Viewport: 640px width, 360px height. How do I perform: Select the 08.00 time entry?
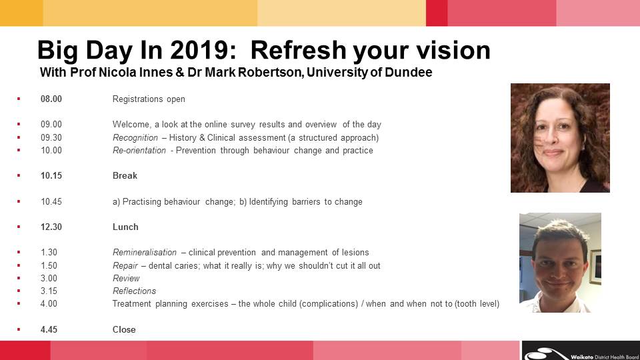coord(51,99)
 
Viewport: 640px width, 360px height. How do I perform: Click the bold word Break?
coord(125,175)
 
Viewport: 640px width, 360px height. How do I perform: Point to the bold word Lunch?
coord(125,227)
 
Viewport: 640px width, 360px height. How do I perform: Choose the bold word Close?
coord(124,329)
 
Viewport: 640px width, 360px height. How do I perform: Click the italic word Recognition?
coord(135,138)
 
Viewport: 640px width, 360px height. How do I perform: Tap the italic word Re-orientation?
coord(139,151)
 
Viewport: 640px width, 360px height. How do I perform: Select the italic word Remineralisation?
coord(145,253)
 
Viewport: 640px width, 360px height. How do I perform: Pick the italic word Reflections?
coord(134,291)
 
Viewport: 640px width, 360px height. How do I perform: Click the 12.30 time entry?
coord(51,227)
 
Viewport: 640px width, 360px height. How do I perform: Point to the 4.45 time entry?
coord(49,329)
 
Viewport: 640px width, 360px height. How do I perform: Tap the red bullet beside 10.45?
coord(19,201)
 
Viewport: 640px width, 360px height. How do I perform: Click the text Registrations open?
coord(149,99)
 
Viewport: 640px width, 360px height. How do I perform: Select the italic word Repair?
coord(125,266)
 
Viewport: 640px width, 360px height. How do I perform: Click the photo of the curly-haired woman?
coord(560,138)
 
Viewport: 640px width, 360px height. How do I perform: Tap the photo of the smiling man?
coord(560,263)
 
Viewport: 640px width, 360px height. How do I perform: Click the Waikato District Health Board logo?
coord(581,351)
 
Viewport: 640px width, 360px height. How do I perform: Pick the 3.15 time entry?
coord(49,291)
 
